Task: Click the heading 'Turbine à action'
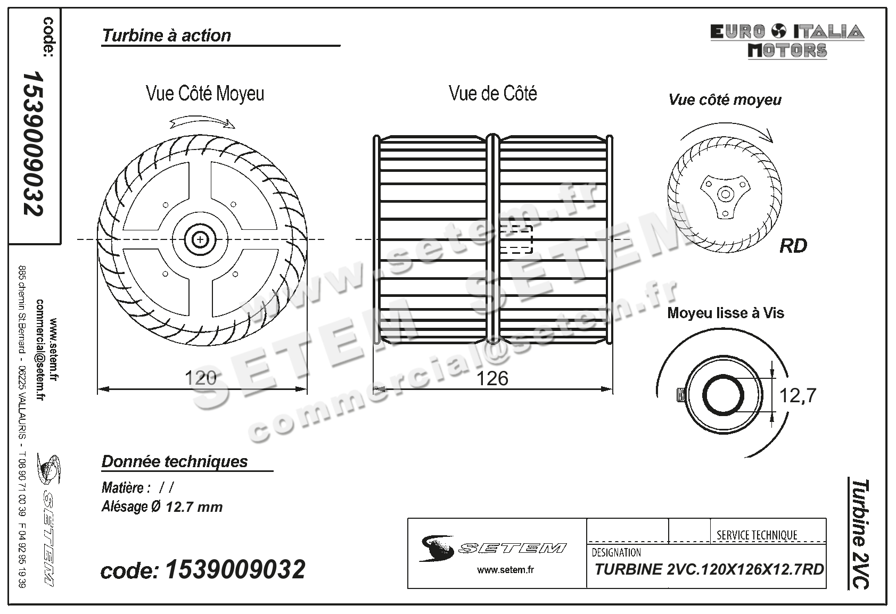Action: (167, 36)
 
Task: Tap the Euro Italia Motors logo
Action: (787, 41)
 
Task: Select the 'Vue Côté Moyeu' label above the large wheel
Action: (205, 94)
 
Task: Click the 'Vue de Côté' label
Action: (493, 94)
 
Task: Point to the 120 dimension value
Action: (201, 378)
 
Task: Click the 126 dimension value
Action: (492, 378)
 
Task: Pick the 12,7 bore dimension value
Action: (798, 395)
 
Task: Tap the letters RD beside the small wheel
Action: (793, 246)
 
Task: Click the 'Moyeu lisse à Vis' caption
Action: (726, 313)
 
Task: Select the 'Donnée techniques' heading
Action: (175, 461)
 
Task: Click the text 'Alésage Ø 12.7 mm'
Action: (162, 507)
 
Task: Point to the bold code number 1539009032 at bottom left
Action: (235, 570)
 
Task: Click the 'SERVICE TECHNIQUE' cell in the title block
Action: (757, 535)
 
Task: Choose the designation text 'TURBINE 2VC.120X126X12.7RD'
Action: (709, 570)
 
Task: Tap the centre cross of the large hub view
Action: (201, 240)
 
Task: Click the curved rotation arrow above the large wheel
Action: (203, 123)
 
